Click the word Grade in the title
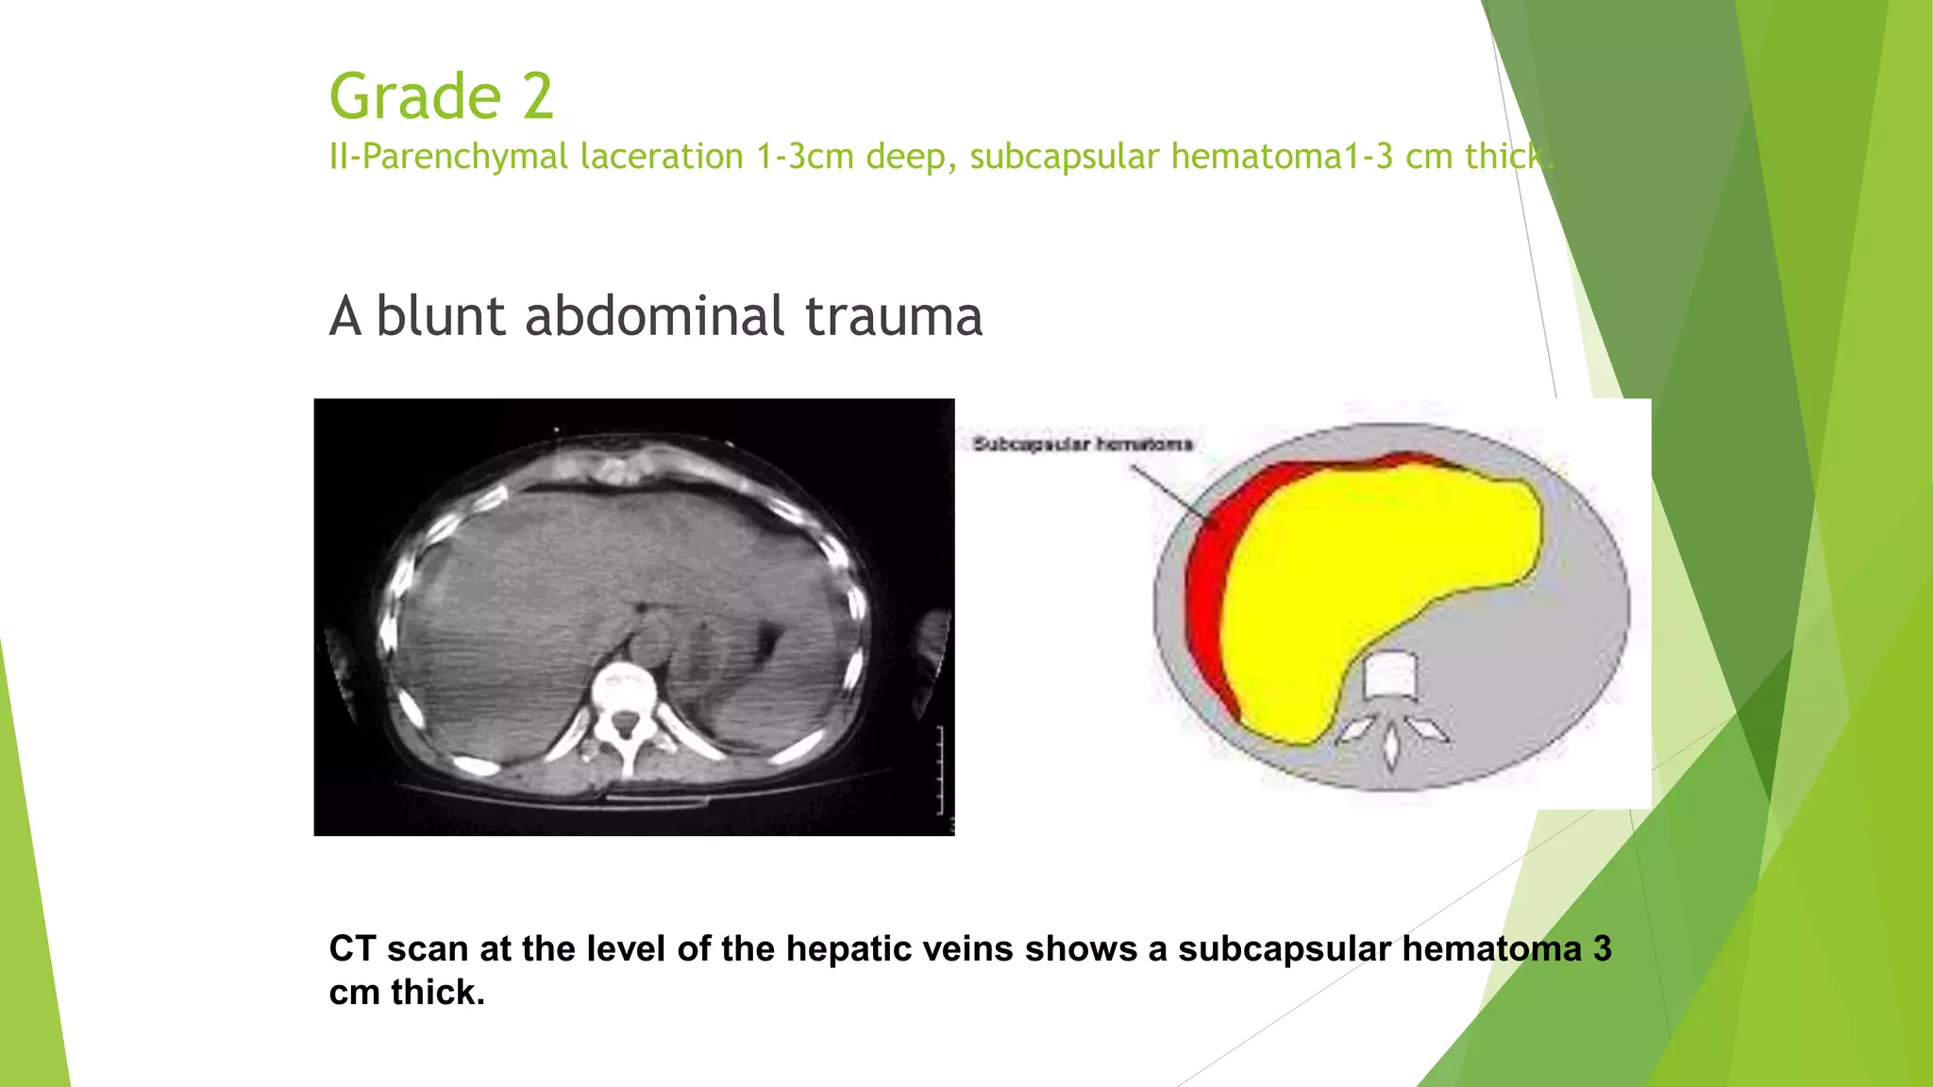tap(415, 96)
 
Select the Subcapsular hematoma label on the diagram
tap(1083, 444)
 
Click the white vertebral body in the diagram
tap(1390, 676)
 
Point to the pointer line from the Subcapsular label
tap(1168, 490)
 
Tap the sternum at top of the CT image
tap(618, 467)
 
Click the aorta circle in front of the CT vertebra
tap(648, 641)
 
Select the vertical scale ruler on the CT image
tap(940, 769)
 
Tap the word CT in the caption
tap(352, 948)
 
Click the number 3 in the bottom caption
tap(1602, 948)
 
